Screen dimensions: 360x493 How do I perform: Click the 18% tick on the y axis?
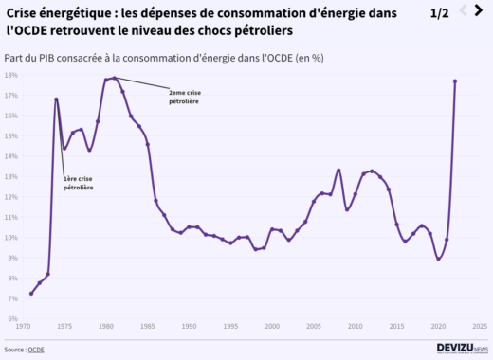tap(11, 74)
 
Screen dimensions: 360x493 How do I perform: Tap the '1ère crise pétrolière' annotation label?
tap(78, 184)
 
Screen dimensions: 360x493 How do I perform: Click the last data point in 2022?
tap(455, 81)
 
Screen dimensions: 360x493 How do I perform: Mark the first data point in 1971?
tap(31, 293)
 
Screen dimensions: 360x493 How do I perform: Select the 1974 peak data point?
tap(56, 99)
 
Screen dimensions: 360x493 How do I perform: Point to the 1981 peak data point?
tap(115, 78)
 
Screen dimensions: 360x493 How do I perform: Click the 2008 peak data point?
tap(338, 171)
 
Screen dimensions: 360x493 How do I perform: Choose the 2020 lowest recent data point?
tap(438, 258)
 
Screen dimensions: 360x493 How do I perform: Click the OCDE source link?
tap(36, 350)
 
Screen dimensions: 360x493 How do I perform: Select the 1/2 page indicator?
tap(440, 13)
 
